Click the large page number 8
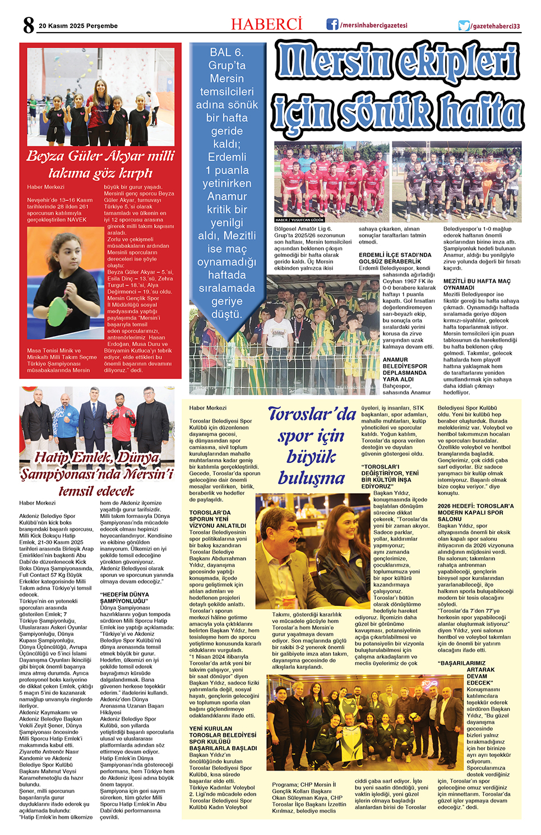pos(29,25)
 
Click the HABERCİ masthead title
pos(266,25)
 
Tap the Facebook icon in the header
pos(332,25)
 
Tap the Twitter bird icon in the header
pos(464,26)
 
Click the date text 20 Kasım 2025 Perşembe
pos(78,26)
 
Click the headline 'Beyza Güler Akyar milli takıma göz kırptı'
pos(100,164)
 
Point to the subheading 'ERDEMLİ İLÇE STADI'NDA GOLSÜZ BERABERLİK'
pos(395,258)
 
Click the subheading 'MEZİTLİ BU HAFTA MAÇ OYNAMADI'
pos(477,285)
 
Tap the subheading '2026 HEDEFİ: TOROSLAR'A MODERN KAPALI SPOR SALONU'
pos(475,512)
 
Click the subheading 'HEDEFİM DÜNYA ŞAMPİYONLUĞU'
pos(124,598)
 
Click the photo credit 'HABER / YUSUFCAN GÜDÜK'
pos(300,220)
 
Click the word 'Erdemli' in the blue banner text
pos(226,157)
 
